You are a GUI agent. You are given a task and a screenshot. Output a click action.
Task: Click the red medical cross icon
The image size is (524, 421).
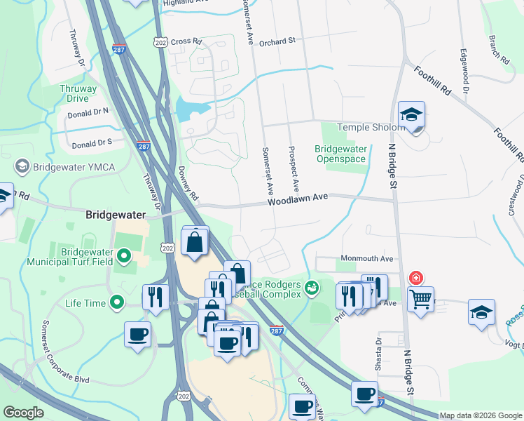[417, 278]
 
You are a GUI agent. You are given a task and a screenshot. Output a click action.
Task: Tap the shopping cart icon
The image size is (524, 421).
[420, 300]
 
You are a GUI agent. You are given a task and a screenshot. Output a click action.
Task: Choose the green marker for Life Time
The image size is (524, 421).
[116, 303]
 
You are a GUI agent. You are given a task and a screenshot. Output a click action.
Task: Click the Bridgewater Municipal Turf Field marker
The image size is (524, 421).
[125, 257]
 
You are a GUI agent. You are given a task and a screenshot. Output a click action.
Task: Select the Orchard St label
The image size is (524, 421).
[277, 42]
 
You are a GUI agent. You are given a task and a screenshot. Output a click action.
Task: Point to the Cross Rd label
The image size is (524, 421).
[186, 41]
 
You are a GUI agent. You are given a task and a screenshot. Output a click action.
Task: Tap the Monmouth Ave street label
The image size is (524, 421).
[367, 259]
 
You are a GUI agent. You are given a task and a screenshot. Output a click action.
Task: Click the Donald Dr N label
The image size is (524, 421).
[88, 112]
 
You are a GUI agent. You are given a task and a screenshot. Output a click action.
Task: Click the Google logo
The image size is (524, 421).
[24, 413]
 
